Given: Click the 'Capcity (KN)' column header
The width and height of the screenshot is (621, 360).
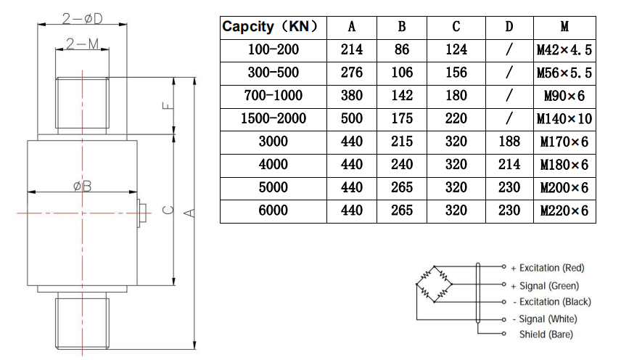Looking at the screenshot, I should click(271, 28).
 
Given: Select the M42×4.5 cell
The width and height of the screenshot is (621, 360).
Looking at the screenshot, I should click(564, 50).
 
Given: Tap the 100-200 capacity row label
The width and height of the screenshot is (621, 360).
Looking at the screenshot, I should click(274, 50).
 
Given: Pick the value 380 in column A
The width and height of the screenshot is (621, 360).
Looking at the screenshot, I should click(352, 95).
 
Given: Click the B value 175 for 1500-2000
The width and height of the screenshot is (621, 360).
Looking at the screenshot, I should click(402, 118).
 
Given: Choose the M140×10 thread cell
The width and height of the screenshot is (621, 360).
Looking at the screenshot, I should click(564, 118).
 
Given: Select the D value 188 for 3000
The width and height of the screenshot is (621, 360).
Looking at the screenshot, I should click(509, 142).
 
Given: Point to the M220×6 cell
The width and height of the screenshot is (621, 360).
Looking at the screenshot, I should click(564, 210).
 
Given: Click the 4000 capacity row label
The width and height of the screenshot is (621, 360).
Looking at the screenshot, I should click(274, 165).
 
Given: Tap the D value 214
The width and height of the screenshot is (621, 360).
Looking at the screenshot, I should click(509, 165).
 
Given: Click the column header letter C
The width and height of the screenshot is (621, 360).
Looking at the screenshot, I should click(456, 28).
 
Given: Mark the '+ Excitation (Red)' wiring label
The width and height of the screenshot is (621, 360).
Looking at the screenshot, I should click(547, 268).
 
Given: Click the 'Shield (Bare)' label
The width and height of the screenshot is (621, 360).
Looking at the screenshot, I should click(546, 335).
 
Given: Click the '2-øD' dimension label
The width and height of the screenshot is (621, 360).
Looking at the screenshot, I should click(81, 16).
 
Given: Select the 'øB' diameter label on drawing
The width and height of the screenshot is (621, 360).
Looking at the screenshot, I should click(82, 187).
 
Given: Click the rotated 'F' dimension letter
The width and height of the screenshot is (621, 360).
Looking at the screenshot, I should click(167, 105).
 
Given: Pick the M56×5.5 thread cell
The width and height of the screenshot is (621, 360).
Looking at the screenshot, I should click(564, 73).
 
